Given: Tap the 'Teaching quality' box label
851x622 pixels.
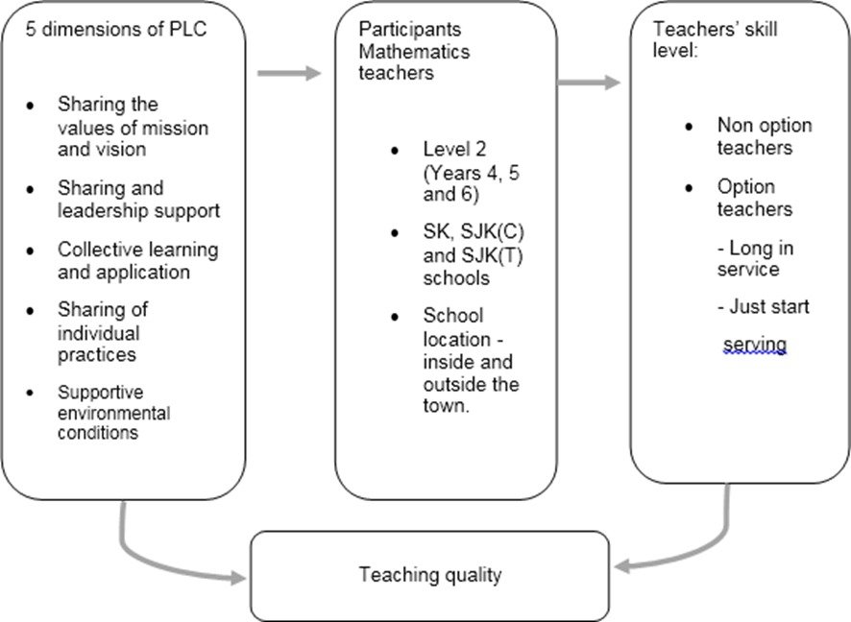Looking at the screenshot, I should (x=429, y=575).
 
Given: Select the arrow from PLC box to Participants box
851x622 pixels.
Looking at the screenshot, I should (x=288, y=73).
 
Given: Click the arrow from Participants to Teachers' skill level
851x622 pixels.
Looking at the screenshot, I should (x=589, y=83).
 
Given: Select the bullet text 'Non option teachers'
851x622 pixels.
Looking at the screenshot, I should (x=764, y=136).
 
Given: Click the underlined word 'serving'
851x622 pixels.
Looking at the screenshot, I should (x=755, y=344).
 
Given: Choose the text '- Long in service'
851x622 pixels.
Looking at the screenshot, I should (x=755, y=259).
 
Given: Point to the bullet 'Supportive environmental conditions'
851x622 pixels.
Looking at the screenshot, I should (x=113, y=413).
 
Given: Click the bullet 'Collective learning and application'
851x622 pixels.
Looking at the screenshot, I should (x=137, y=260).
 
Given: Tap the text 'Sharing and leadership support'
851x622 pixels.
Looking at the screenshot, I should (x=138, y=199).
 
